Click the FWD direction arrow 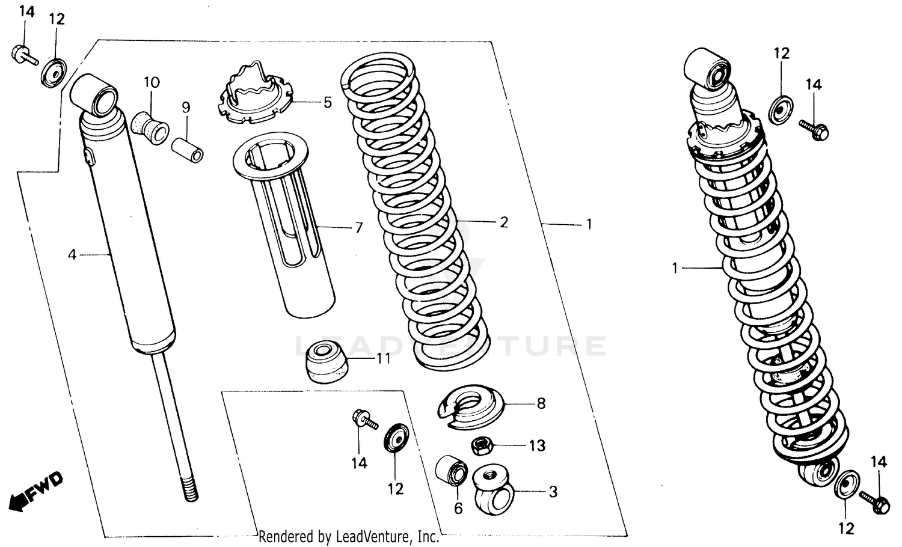tap(36, 489)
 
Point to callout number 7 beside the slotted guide tap(358, 228)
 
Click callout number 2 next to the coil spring tap(503, 222)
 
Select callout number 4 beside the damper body tap(72, 255)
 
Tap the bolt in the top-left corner tap(22, 55)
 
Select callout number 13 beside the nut tap(537, 445)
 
